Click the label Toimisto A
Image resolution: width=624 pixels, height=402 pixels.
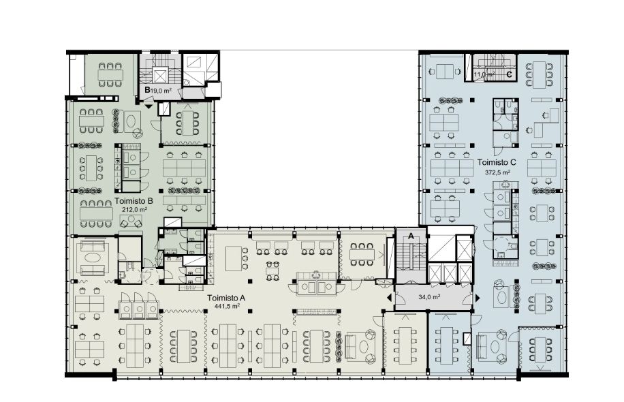point(226,298)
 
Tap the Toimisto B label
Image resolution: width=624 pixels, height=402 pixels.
point(134,201)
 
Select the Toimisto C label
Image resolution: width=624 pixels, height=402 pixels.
point(497,162)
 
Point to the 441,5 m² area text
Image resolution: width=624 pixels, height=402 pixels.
point(227,306)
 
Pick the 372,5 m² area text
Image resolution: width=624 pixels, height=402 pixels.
point(497,172)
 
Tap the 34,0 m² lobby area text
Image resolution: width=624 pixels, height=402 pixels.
point(429,296)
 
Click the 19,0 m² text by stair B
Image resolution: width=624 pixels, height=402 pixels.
point(161,91)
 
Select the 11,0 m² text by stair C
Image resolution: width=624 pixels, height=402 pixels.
point(484,74)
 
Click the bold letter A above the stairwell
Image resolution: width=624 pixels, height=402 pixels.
point(411,236)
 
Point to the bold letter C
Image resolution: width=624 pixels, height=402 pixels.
point(509,74)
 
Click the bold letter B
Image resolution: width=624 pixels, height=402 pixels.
point(147,90)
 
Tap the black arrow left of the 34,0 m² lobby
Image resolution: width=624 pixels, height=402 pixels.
point(389,298)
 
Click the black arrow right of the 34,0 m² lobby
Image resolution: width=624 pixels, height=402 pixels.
point(477,298)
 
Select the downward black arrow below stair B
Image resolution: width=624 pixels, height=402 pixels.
point(149,106)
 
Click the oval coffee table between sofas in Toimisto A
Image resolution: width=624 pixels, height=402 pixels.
point(93,258)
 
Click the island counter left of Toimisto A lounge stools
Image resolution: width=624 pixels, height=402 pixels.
point(233,259)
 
